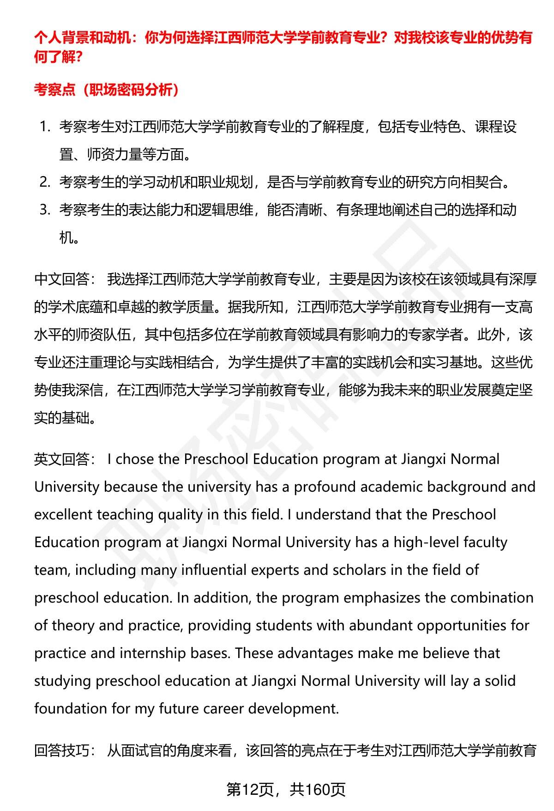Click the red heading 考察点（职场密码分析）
[x=107, y=89]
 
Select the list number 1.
[x=44, y=127]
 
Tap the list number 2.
[x=44, y=182]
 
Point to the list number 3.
[x=44, y=210]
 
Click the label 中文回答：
[x=65, y=279]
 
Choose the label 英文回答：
[x=65, y=459]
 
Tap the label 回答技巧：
[x=65, y=750]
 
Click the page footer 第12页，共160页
[x=286, y=790]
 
